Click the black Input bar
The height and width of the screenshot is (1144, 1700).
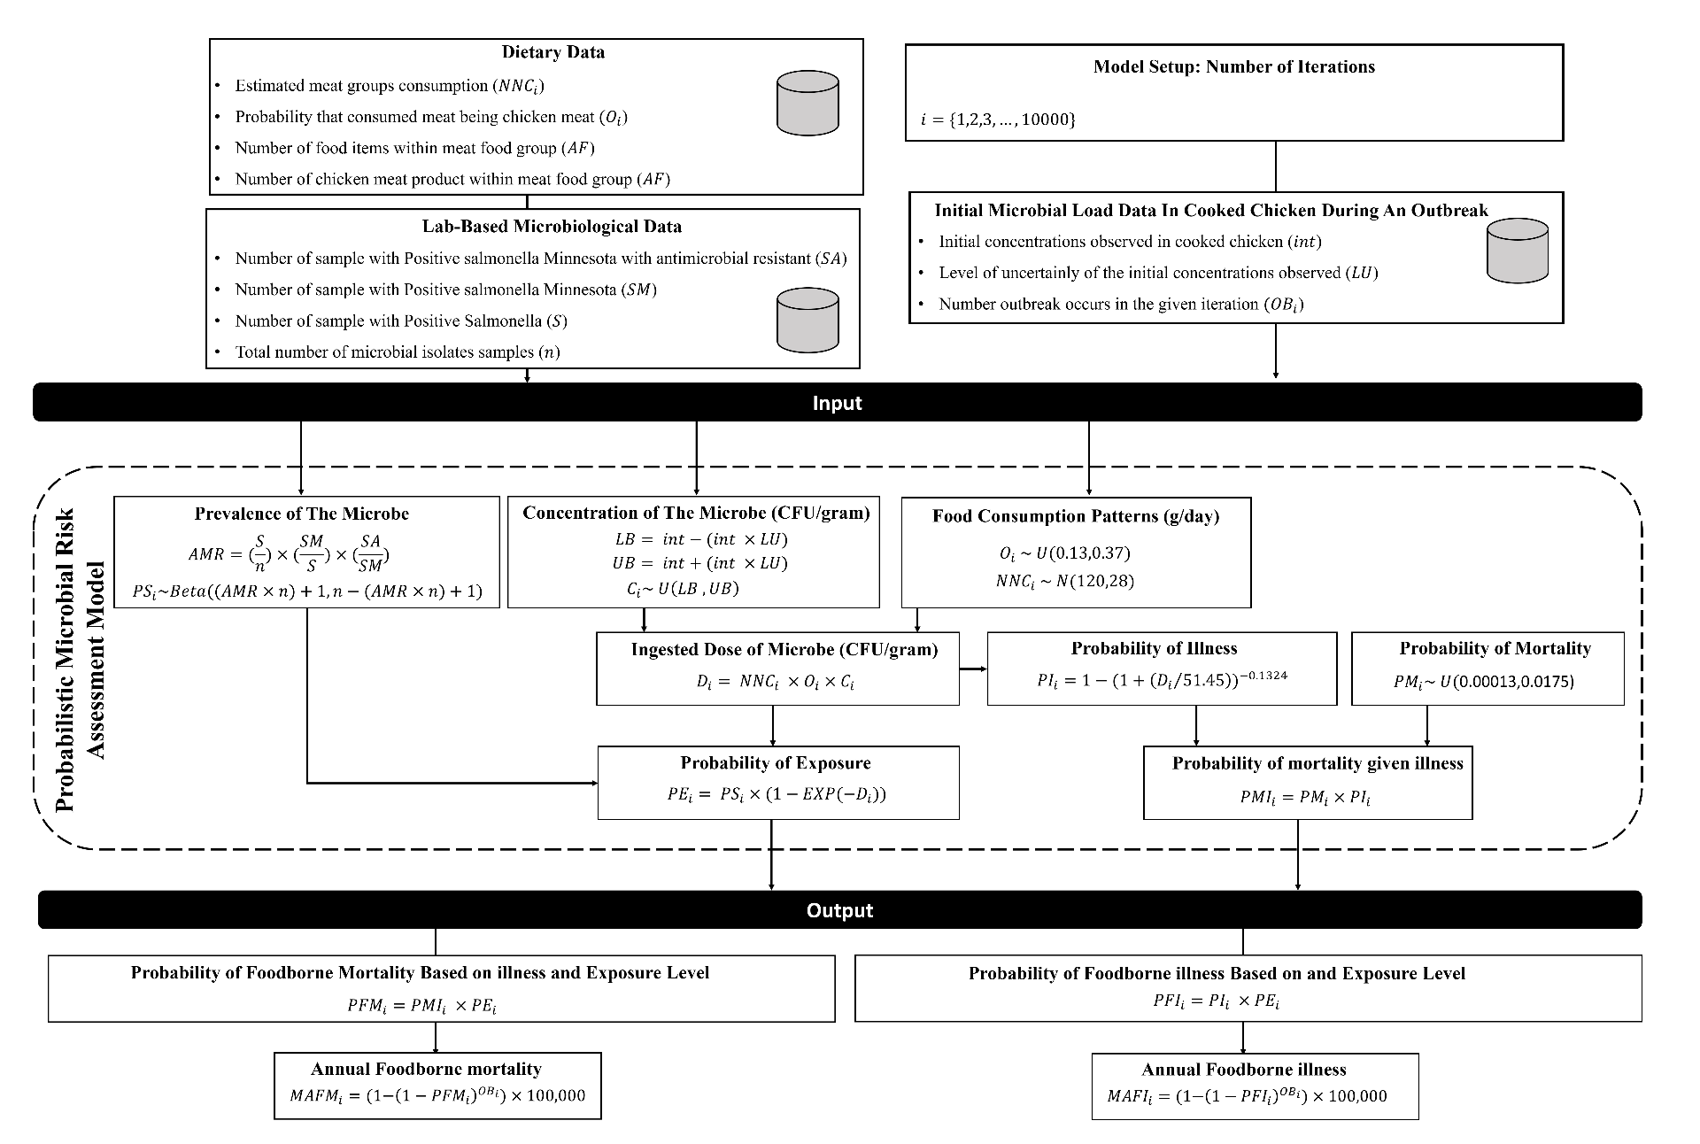coord(838,402)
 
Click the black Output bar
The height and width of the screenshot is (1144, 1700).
coord(839,910)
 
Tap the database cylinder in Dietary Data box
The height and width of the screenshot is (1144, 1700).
coord(807,104)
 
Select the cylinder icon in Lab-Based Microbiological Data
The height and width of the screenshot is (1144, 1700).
coord(807,321)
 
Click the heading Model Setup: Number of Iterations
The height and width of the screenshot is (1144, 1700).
coord(1234,66)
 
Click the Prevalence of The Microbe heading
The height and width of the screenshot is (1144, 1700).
coord(302,514)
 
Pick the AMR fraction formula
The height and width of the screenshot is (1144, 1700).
coord(290,553)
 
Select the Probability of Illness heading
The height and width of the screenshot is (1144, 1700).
coord(1155,648)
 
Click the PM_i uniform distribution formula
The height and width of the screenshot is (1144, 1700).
coord(1484,681)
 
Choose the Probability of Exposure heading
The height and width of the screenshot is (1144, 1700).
coord(776,762)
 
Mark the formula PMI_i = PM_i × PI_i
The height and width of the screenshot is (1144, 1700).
coord(1306,797)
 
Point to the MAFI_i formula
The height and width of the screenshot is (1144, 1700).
coord(1247,1095)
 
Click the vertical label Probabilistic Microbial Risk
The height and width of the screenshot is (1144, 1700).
coord(65,661)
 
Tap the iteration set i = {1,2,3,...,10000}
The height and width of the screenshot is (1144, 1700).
coord(998,119)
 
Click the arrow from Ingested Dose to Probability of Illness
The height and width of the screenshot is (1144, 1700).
coord(973,669)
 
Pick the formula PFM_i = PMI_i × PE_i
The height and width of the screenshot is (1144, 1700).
coord(428,1005)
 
